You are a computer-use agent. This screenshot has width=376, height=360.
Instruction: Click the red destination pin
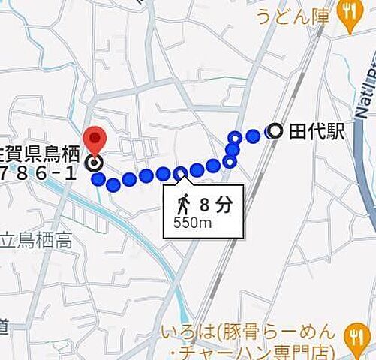(x=95, y=120)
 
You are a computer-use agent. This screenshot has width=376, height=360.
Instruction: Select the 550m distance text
(x=191, y=223)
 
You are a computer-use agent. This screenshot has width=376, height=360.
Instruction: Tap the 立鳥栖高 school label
(x=36, y=241)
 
